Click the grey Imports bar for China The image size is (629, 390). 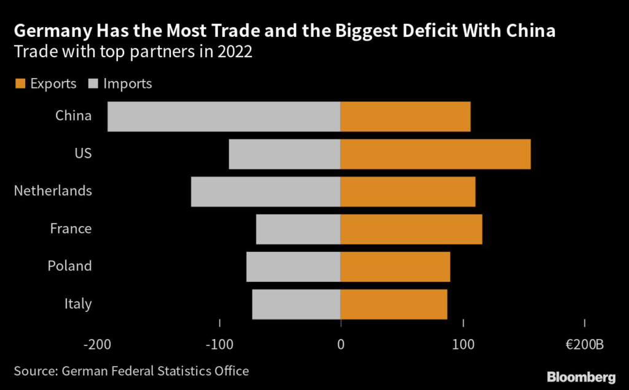pos(224,117)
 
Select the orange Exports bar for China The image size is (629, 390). pos(405,117)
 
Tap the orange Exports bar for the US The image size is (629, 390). pos(436,154)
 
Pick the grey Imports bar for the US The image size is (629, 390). pos(284,154)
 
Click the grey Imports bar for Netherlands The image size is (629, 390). pos(265,192)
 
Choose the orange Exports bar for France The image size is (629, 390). pos(412,229)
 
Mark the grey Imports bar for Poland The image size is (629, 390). pos(293,267)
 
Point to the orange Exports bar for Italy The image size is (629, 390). pos(394,304)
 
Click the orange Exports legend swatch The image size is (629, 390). pos(20,84)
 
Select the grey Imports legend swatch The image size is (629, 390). pos(94,84)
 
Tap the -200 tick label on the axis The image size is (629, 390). pos(98,345)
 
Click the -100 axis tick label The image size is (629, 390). pos(220,345)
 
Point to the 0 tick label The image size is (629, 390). pos(341,345)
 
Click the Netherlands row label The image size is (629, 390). pos(53,191)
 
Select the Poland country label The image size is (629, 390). pos(69,266)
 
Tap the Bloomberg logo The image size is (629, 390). pos(581,376)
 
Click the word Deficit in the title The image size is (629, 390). pos(420,31)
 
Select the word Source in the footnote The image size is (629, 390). pos(32,371)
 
